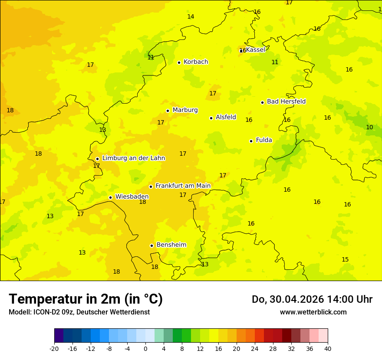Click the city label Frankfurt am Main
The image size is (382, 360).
pyautogui.click(x=183, y=186)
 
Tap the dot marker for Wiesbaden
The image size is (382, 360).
pyautogui.click(x=111, y=197)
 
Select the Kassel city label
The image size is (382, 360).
pyautogui.click(x=255, y=50)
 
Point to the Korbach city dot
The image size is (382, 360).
pyautogui.click(x=179, y=62)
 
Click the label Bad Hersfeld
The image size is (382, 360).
pyautogui.click(x=286, y=101)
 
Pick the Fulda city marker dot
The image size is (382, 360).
pyautogui.click(x=251, y=141)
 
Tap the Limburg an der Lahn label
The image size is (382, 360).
pyautogui.click(x=133, y=158)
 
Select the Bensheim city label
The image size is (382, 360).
pyautogui.click(x=171, y=245)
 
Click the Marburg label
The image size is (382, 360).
pyautogui.click(x=185, y=110)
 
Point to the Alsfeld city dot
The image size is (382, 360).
pyautogui.click(x=211, y=118)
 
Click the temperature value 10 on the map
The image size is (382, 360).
pyautogui.click(x=369, y=127)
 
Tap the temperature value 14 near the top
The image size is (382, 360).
pyautogui.click(x=191, y=16)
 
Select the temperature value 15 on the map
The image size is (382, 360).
pyautogui.click(x=345, y=259)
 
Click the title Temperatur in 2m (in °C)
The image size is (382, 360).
pyautogui.click(x=86, y=299)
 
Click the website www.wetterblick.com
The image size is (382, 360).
pyautogui.click(x=313, y=312)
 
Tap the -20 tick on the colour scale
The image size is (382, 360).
pyautogui.click(x=54, y=348)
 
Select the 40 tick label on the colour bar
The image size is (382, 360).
pyautogui.click(x=328, y=348)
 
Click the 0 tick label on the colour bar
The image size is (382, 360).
pyautogui.click(x=145, y=348)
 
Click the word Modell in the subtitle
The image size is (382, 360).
pyautogui.click(x=19, y=312)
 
